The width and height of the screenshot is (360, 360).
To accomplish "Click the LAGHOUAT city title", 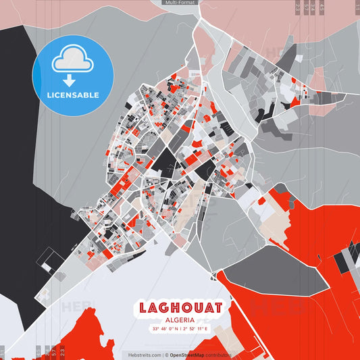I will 180,308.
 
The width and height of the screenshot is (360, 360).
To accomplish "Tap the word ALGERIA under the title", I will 180,320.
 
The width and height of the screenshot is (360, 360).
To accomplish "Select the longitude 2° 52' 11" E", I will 197,329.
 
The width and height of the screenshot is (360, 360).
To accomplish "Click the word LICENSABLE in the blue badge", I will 72,95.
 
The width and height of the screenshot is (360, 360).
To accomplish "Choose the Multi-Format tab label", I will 180,3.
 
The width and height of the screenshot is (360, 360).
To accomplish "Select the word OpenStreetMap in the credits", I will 188,355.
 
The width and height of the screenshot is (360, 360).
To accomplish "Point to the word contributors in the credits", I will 219,355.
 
